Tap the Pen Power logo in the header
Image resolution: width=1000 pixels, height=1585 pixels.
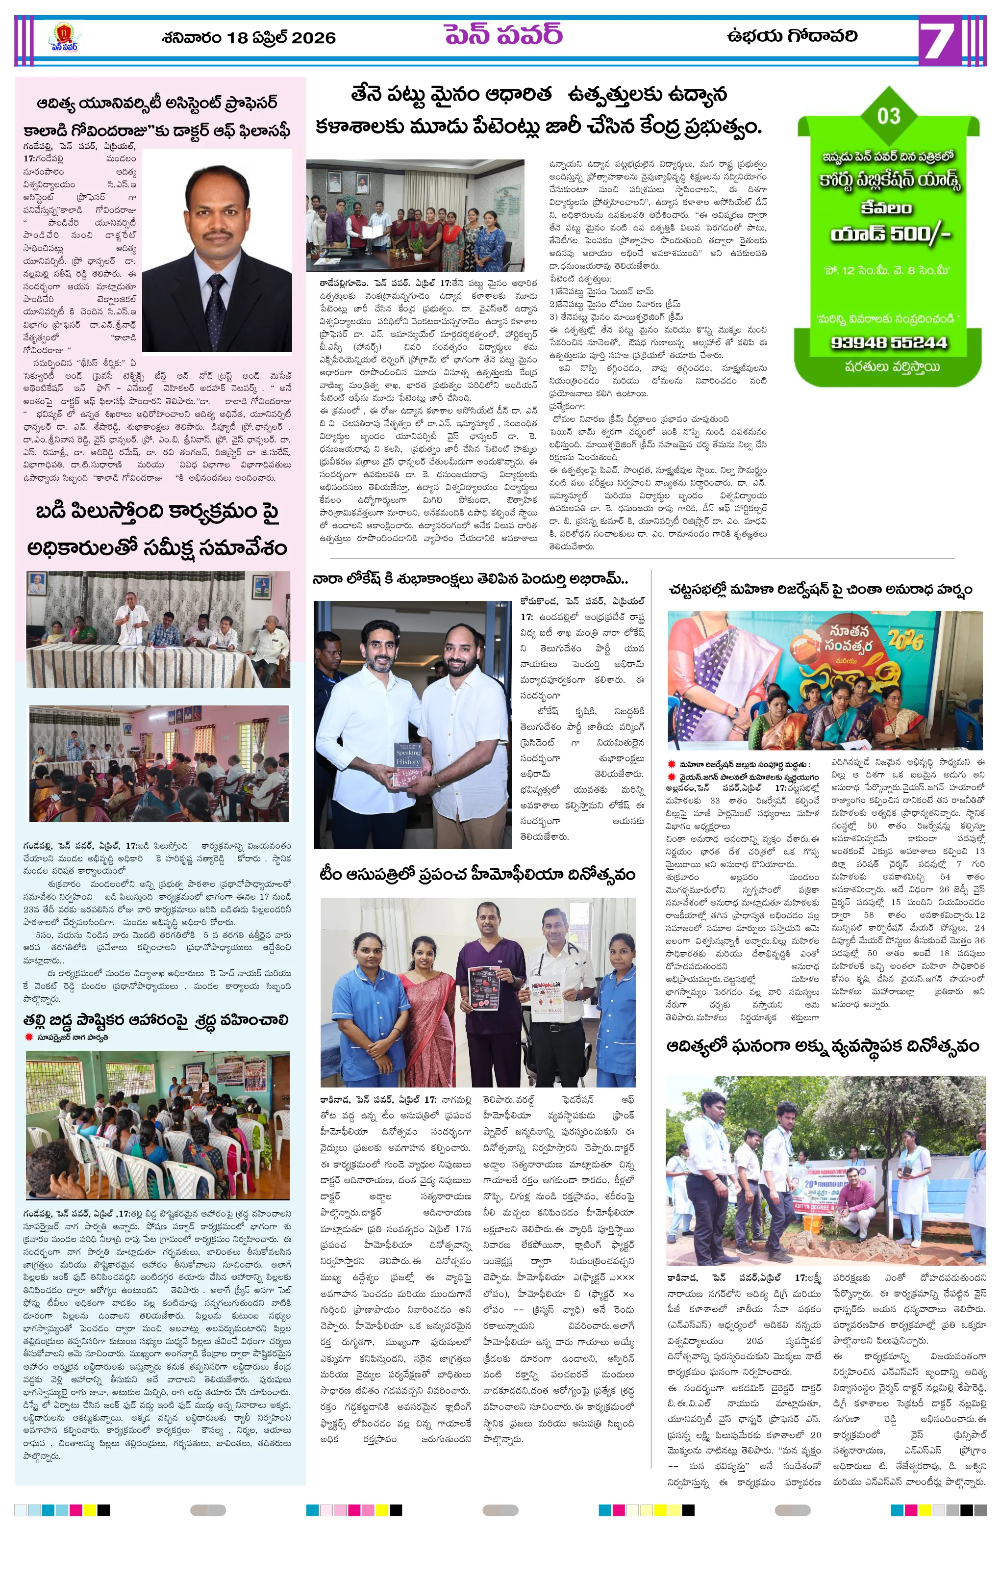point(64,37)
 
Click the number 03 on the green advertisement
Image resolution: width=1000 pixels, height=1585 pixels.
point(888,116)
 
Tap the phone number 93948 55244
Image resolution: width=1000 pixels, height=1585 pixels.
point(888,342)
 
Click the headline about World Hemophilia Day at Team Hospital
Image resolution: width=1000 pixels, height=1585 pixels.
point(477,874)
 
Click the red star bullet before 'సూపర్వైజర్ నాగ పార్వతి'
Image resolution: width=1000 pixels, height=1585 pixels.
point(28,1037)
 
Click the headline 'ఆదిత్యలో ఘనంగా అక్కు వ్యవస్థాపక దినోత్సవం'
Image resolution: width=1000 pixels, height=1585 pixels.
point(823,1045)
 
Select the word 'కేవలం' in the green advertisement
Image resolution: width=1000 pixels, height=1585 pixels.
point(886,208)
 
